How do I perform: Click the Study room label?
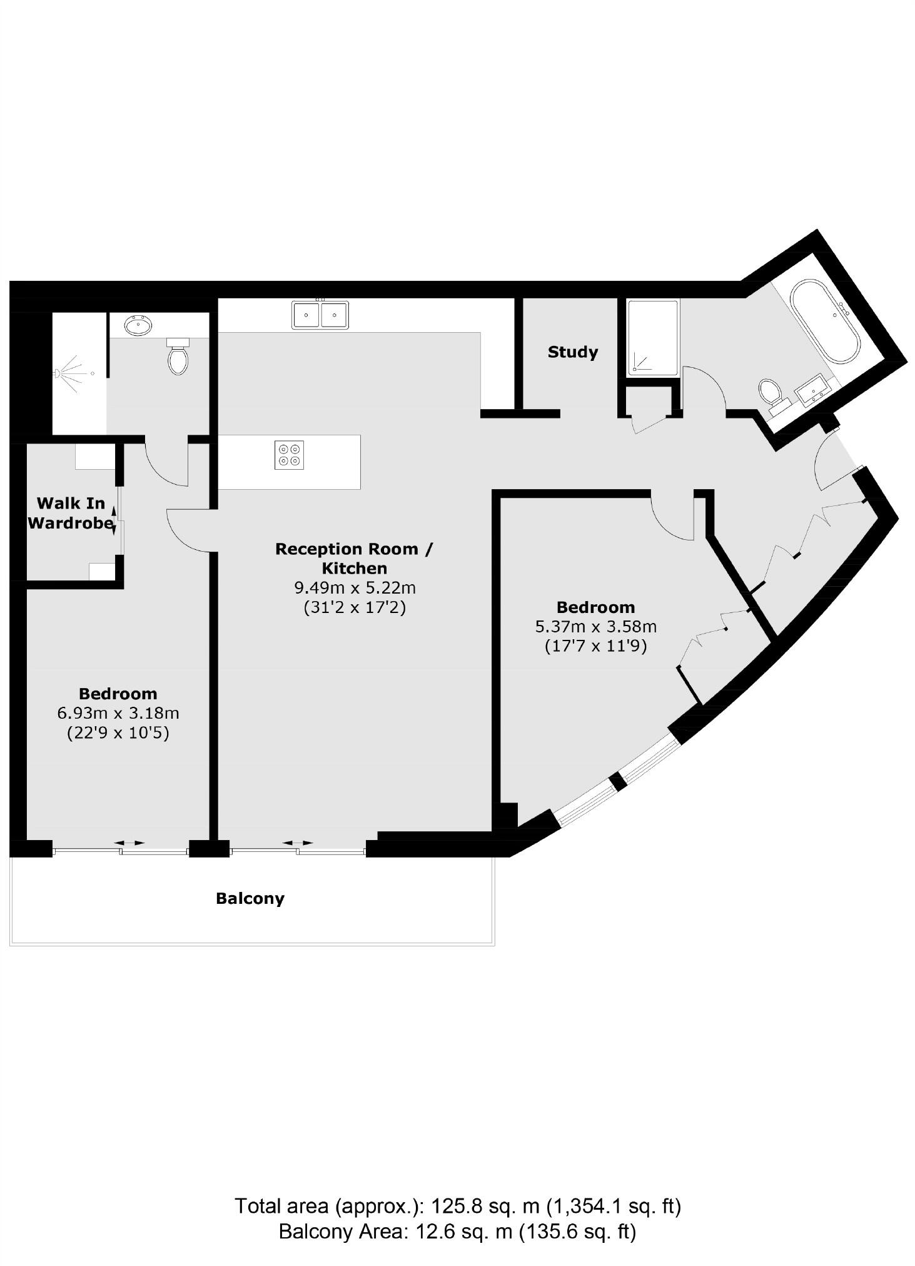pyautogui.click(x=572, y=352)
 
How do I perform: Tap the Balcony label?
pyautogui.click(x=250, y=898)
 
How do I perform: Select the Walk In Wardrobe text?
pyautogui.click(x=70, y=514)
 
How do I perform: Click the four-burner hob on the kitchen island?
pyautogui.click(x=289, y=455)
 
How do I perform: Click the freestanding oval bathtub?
pyautogui.click(x=825, y=322)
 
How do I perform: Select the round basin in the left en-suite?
pyautogui.click(x=138, y=325)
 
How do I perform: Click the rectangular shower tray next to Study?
pyautogui.click(x=652, y=338)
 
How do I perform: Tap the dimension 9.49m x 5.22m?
pyautogui.click(x=355, y=588)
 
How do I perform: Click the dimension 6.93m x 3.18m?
pyautogui.click(x=118, y=713)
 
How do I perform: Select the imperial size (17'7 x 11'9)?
pyautogui.click(x=595, y=646)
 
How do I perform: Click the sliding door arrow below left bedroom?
pyautogui.click(x=129, y=843)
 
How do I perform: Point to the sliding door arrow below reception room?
pyautogui.click(x=298, y=843)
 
